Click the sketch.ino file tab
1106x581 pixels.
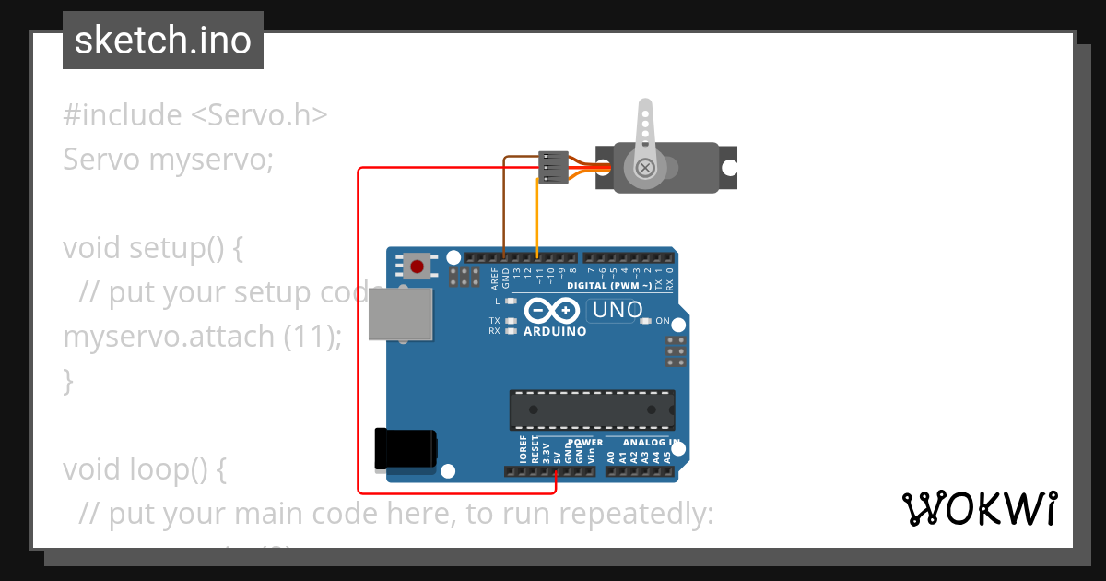[x=162, y=41]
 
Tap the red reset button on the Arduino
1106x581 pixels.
[x=418, y=267]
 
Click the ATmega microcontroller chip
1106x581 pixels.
[x=592, y=410]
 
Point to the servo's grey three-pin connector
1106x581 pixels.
[x=551, y=168]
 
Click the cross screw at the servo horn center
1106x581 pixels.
[x=646, y=168]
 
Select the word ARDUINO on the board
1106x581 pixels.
[x=554, y=331]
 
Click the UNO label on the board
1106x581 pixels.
[x=617, y=310]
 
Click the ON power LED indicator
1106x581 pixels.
[x=646, y=321]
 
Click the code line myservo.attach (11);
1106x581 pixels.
[x=202, y=337]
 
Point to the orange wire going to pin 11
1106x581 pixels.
[x=538, y=221]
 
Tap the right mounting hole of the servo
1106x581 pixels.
[x=729, y=168]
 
